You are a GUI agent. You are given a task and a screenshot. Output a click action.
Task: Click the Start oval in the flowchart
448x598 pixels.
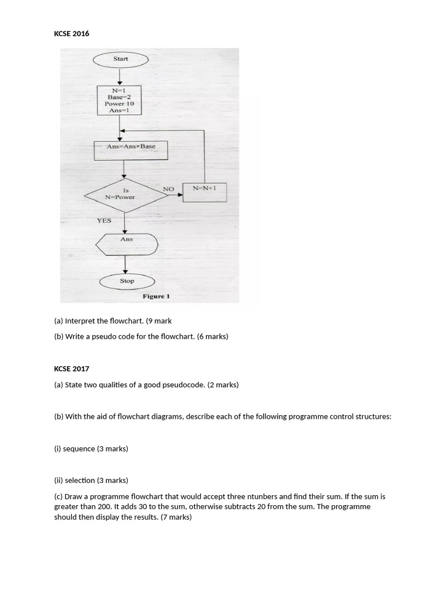point(120,59)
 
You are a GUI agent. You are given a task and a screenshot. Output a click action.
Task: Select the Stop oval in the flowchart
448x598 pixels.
point(127,281)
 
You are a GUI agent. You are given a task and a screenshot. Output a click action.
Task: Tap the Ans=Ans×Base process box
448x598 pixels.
point(131,150)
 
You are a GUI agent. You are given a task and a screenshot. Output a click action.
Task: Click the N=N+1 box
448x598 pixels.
point(204,192)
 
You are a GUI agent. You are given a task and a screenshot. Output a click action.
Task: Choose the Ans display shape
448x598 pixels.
point(127,244)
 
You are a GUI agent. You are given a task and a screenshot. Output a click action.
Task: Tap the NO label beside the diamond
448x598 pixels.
point(169,189)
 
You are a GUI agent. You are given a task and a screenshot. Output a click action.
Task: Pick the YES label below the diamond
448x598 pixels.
point(104,221)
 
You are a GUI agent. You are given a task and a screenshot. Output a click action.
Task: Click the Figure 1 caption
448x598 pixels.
point(156,297)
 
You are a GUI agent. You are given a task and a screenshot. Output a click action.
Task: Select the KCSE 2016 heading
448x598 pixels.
point(72,34)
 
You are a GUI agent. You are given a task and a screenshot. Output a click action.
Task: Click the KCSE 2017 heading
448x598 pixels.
point(72,368)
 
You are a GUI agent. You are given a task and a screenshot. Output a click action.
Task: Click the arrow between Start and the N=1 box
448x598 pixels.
point(120,76)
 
